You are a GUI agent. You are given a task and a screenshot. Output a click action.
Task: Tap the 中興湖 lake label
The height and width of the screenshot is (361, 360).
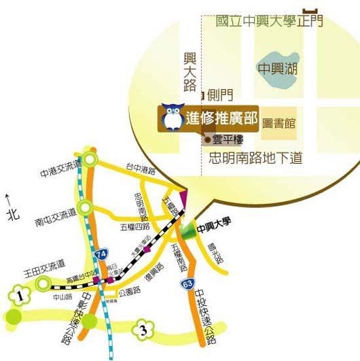[x=278, y=68]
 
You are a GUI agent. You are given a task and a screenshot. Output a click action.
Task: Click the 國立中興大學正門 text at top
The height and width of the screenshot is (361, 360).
[x=269, y=21]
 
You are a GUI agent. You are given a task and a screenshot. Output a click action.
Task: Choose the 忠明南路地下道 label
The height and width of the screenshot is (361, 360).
[x=255, y=159]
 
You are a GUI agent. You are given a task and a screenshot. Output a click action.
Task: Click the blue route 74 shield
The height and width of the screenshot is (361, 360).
[x=101, y=254]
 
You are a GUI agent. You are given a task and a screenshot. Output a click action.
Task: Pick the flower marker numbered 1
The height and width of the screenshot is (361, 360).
[x=21, y=296]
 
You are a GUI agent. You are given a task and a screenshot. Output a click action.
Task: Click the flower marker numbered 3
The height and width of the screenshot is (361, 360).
[x=142, y=330]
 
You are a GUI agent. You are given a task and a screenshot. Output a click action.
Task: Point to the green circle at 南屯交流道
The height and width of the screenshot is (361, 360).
[x=85, y=207]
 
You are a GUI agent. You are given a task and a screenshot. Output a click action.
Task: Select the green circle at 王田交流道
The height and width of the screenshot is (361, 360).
[x=43, y=283]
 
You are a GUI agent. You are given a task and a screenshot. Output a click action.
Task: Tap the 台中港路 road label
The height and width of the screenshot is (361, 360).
[x=141, y=167]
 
